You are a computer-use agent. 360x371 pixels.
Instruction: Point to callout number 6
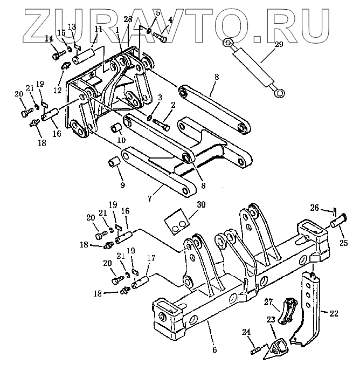[x=214, y=349]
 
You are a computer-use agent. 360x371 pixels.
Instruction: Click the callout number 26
[x=315, y=207]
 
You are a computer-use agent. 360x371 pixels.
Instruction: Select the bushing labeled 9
[x=113, y=161]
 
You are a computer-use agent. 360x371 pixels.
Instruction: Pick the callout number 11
[x=98, y=29]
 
